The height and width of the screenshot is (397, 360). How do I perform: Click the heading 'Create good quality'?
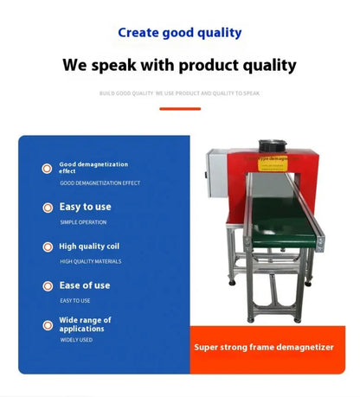[179, 33]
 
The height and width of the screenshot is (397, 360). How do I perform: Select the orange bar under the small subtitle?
[180, 108]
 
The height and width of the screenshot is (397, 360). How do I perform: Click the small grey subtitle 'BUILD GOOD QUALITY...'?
[180, 92]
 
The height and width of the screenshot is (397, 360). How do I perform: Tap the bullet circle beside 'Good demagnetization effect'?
[47, 168]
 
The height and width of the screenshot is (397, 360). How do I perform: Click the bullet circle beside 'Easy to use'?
[47, 208]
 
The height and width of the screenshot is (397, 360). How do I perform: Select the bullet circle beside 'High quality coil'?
[47, 247]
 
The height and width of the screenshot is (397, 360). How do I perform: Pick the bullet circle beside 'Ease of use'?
[47, 285]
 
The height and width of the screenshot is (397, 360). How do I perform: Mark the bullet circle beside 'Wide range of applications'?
[47, 324]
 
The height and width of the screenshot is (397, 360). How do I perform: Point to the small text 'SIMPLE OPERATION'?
[82, 222]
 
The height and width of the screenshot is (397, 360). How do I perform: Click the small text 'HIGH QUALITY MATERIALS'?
[90, 261]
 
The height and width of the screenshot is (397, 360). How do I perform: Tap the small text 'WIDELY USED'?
[76, 340]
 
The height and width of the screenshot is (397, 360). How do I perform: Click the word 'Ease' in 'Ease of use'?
[69, 285]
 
